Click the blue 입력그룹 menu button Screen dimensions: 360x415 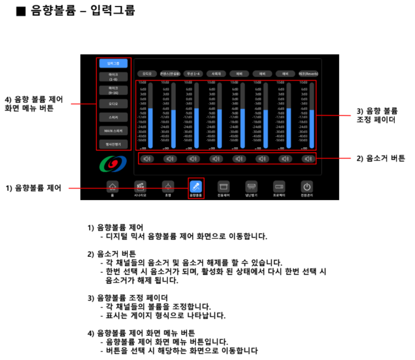pyautogui.click(x=113, y=63)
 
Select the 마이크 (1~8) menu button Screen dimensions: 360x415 pyautogui.click(x=113, y=77)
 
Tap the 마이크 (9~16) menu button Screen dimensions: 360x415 pyautogui.click(x=113, y=90)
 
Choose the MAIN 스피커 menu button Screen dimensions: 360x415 pyautogui.click(x=113, y=131)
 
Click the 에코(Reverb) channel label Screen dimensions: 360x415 pyautogui.click(x=308, y=73)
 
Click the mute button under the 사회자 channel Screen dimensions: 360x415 pyautogui.click(x=216, y=159)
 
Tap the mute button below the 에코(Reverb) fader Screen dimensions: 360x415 pyautogui.click(x=308, y=159)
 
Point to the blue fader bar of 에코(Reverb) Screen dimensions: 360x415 pyautogui.click(x=311, y=128)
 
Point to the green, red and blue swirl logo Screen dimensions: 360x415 pyautogui.click(x=112, y=164)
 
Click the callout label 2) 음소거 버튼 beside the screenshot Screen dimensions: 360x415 pyautogui.click(x=381, y=159)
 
